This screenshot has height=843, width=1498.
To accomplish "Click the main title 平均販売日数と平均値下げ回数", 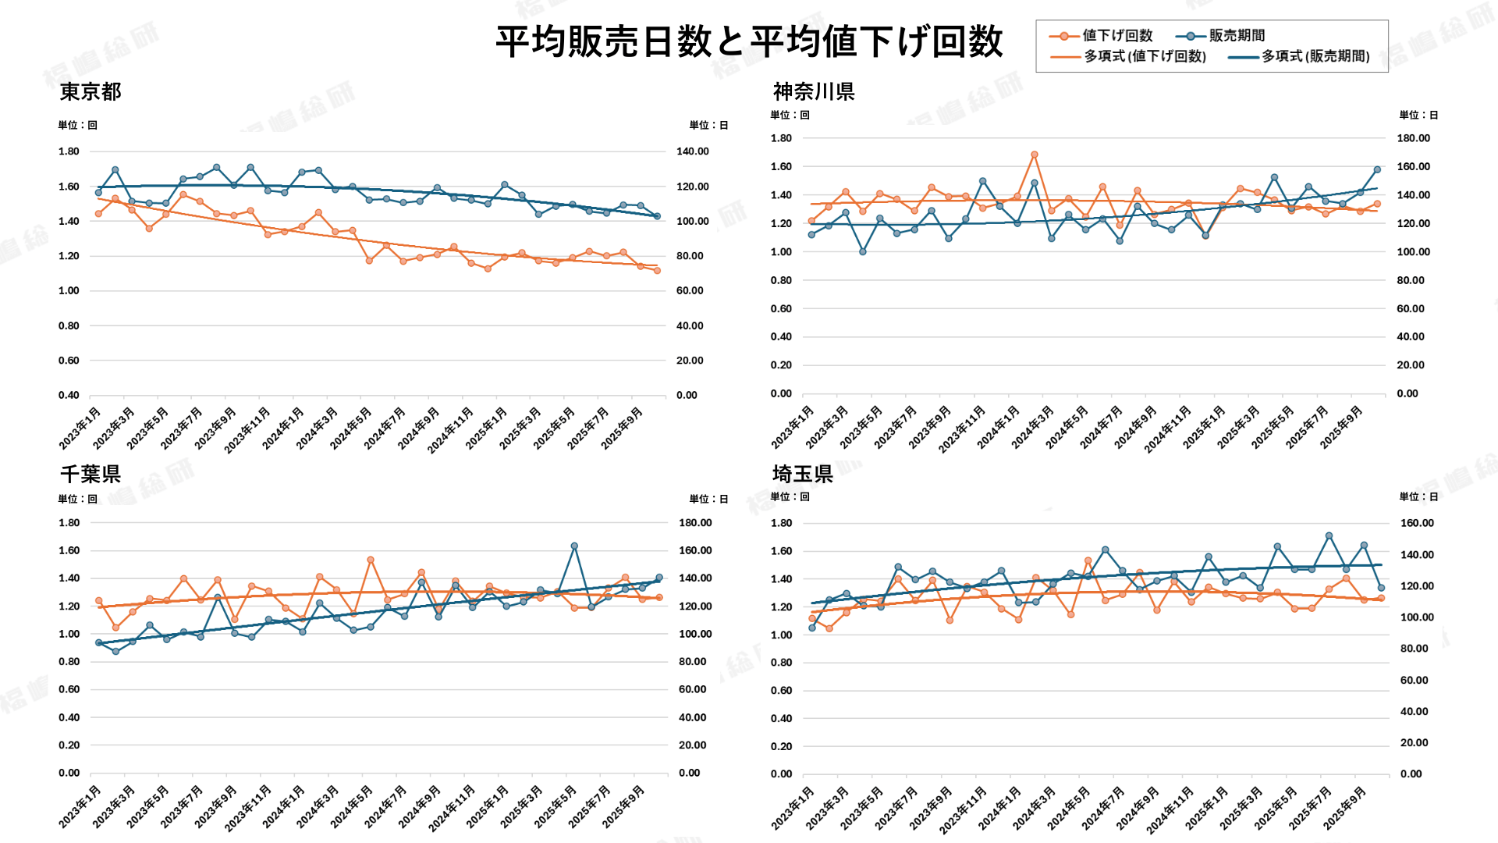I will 749,41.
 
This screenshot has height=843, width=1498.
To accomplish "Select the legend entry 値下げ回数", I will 1116,36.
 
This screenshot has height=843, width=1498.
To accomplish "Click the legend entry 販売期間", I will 1237,36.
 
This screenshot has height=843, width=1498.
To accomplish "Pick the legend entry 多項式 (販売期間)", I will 1315,56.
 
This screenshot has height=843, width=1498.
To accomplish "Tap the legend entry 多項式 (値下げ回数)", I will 1145,56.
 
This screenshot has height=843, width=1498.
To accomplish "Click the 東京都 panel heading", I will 91,92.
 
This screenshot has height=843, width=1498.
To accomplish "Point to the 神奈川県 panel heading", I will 814,92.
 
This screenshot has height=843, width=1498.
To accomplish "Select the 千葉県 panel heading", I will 91,474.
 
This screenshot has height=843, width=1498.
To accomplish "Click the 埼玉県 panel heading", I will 803,474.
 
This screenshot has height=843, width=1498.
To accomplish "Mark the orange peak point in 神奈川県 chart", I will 1035,155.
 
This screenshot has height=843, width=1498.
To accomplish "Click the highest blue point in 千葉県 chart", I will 574,546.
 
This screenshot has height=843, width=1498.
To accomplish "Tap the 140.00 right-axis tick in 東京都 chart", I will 692,151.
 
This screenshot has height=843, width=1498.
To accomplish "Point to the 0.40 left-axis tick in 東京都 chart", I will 69,395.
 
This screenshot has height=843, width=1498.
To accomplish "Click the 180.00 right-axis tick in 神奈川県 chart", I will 1413,138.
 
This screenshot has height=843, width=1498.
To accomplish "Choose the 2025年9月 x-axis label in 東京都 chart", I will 623,428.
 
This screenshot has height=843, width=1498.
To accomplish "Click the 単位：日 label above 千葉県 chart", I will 708,499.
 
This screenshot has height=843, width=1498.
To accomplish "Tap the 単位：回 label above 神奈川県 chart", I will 790,115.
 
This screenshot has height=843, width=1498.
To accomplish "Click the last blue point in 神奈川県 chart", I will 1377,169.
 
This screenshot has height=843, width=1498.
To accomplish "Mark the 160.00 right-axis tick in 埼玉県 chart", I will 1416,523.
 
